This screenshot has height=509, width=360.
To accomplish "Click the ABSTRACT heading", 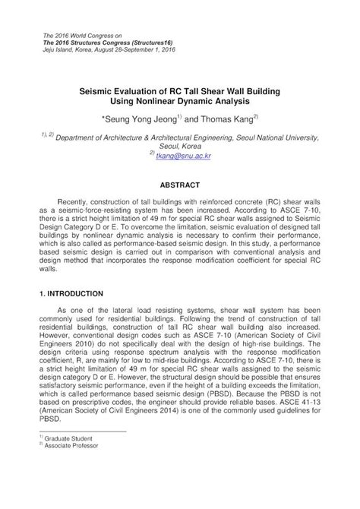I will coord(179,185).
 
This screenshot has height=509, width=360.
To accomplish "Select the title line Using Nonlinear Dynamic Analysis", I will coord(179,100).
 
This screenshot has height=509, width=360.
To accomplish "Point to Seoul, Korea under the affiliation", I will coord(179,145).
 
